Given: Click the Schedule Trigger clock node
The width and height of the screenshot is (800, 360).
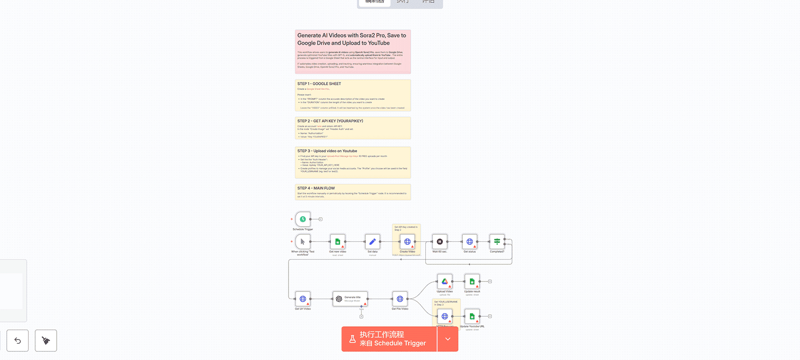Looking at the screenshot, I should pos(303,219).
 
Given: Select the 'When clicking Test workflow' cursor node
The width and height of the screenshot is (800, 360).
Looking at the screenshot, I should pos(303,241).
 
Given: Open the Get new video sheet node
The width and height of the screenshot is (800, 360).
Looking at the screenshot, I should pos(338,241).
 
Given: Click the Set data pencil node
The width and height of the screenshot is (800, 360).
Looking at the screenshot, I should pos(372,241).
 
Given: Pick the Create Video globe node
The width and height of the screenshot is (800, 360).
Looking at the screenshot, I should pos(407,241).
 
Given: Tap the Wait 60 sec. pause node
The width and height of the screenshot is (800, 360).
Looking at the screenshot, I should pos(440,241).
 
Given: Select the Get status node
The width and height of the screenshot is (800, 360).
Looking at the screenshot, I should pos(470,241).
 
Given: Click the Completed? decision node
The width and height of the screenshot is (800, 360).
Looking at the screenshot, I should pos(497,241).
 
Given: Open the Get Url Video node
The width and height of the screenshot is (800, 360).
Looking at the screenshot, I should pos(303,299).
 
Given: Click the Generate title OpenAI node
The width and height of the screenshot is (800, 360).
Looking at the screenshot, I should pos(350,299).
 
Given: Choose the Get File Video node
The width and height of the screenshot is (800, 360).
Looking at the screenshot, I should pos(400,299).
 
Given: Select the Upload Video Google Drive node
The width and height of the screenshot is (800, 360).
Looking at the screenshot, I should pos(445,281).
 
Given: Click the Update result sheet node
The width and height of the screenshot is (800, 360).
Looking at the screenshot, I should pos(472,281).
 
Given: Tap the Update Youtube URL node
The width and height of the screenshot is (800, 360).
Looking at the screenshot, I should pos(472,316).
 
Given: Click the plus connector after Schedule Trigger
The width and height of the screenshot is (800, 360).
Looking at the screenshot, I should pos(320,219).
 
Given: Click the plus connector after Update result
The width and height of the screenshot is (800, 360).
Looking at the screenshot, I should pos(490,281).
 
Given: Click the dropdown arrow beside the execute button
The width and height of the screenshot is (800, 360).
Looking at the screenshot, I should pos(448,339).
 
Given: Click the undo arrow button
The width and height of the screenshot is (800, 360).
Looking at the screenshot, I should pos(18,340).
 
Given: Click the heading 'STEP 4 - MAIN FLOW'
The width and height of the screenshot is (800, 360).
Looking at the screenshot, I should pos(316,188).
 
